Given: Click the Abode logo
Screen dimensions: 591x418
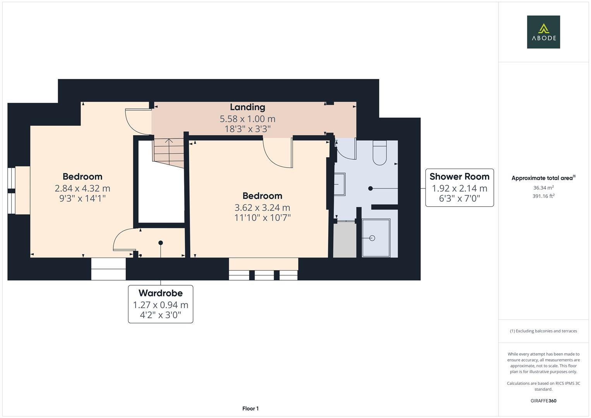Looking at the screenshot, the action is (543, 32).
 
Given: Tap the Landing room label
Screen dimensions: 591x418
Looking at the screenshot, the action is (247, 107).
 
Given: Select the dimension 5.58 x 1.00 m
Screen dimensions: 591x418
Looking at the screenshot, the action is (247, 119).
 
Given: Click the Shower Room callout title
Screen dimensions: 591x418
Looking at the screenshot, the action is (459, 176).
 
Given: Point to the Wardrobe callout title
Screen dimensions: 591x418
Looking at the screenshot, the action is (160, 293).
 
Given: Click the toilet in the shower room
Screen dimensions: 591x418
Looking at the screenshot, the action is (380, 153).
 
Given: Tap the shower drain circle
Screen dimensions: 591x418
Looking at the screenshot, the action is (372, 238).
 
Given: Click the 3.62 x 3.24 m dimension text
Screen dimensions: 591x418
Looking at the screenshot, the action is (262, 208).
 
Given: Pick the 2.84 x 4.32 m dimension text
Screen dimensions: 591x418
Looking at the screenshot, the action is (82, 188).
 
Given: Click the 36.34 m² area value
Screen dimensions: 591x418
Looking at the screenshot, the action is (543, 188).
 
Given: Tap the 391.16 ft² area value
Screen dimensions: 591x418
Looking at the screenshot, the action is (543, 196).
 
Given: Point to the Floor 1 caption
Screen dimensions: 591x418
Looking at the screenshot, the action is (250, 408).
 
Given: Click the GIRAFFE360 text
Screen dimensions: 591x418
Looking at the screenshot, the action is (543, 401).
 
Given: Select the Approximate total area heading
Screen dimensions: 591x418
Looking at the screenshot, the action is (543, 178).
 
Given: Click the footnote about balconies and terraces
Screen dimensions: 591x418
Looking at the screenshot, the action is (543, 331).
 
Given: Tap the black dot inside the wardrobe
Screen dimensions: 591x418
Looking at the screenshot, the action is (160, 243).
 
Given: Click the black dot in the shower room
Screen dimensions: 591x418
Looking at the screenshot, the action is (370, 188).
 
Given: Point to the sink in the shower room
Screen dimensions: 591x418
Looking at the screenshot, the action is (339, 184).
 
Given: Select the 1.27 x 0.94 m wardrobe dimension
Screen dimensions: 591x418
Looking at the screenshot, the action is (160, 305).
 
